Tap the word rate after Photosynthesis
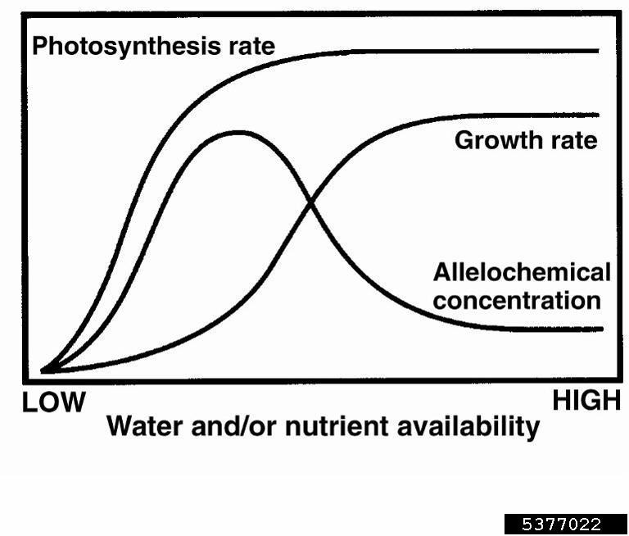click(x=247, y=46)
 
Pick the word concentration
click(x=517, y=300)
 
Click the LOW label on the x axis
click(x=52, y=402)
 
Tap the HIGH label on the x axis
click(x=586, y=401)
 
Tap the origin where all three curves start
click(x=44, y=370)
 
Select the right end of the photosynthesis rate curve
click(x=598, y=51)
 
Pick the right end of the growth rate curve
click(x=598, y=115)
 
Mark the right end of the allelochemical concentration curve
click(x=601, y=329)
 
